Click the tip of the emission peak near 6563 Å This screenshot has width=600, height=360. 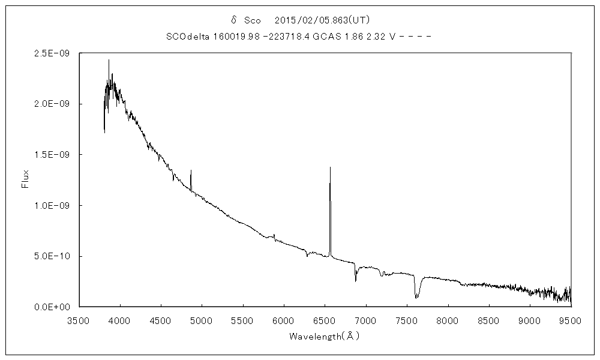point(330,167)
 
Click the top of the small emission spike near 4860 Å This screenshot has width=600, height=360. point(191,170)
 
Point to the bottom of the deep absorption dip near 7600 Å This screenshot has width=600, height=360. point(416,298)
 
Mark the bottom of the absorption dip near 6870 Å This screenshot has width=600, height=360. point(356,281)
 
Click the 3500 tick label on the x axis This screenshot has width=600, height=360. point(79,320)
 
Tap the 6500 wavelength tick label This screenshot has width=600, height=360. point(325,320)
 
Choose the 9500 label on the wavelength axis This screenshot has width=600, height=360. point(571,320)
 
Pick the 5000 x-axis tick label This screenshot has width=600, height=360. point(202,320)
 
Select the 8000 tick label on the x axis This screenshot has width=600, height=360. point(448,320)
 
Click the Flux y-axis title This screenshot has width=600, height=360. point(25,179)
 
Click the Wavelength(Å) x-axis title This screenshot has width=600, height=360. point(324,337)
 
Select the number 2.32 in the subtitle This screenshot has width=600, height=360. point(377,36)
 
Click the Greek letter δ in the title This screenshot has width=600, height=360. point(235,20)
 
